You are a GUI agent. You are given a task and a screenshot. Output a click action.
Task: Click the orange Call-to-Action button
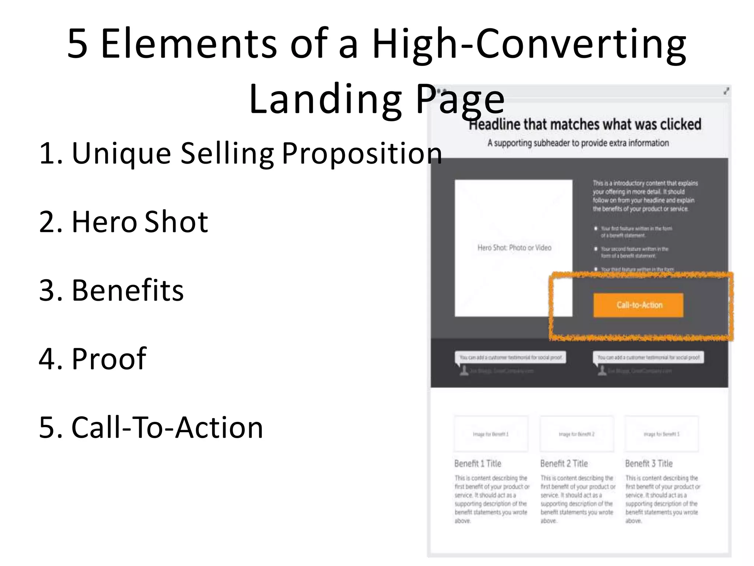(638, 305)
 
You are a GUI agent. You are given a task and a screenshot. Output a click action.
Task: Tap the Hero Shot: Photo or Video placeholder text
(514, 248)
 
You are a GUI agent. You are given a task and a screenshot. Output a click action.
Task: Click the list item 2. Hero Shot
(124, 221)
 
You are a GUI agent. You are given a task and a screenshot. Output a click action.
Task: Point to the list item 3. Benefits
(111, 290)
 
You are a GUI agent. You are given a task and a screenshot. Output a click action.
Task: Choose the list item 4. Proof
(93, 359)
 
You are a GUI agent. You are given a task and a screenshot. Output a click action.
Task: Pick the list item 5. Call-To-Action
(151, 427)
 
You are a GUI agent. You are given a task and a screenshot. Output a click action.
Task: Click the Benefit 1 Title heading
(478, 464)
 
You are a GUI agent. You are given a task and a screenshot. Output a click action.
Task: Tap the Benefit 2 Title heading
(564, 464)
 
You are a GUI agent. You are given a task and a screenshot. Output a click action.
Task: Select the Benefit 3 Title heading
(649, 464)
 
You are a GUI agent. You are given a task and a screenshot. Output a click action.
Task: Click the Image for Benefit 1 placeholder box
(491, 434)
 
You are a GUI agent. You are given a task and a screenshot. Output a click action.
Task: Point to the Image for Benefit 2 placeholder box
(577, 434)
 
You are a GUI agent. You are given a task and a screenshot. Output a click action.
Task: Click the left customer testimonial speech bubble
(511, 357)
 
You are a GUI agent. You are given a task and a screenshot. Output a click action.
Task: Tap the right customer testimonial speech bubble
(648, 357)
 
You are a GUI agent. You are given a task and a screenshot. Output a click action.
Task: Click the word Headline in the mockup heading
(494, 125)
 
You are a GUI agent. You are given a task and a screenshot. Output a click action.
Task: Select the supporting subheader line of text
(578, 143)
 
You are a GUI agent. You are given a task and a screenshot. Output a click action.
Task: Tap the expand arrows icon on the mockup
(726, 91)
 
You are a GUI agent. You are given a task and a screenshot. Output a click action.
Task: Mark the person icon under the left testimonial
(464, 371)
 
